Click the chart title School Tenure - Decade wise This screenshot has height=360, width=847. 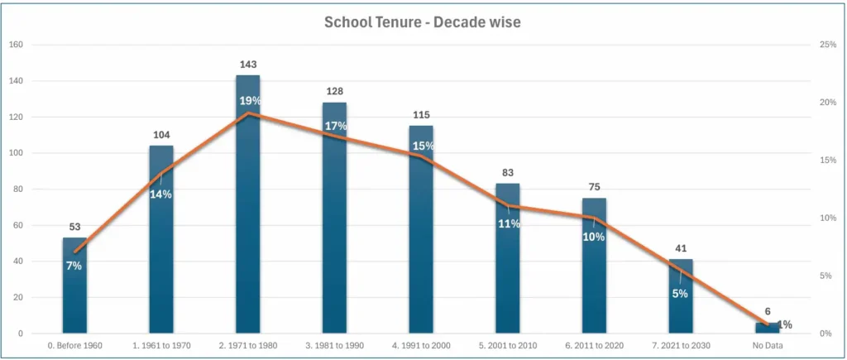(423, 22)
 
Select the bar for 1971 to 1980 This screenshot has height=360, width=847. (247, 215)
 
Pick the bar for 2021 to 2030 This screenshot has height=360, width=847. (681, 310)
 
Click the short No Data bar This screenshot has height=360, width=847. (767, 329)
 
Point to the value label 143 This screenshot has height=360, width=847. (247, 63)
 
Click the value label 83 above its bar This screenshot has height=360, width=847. (507, 171)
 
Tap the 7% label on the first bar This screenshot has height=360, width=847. (74, 266)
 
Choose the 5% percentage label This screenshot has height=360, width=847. (680, 293)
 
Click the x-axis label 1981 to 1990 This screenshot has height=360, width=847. (334, 345)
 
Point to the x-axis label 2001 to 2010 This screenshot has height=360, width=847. (507, 345)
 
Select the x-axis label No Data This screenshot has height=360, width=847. (767, 345)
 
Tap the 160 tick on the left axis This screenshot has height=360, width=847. (16, 45)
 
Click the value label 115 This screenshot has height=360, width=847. (421, 114)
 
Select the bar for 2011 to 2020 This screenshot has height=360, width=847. (594, 273)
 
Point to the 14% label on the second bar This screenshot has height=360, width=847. (160, 194)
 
